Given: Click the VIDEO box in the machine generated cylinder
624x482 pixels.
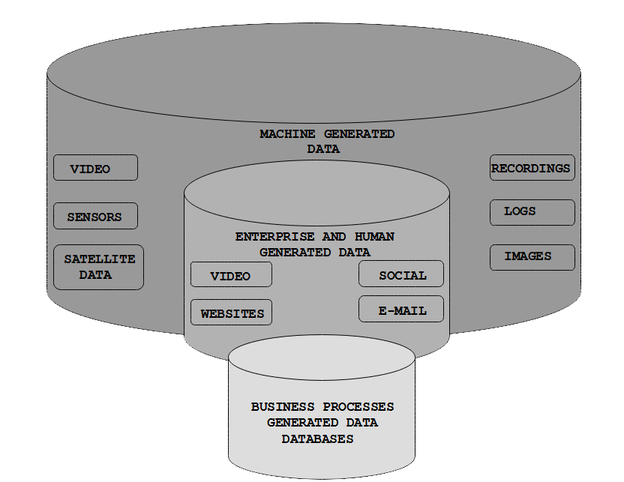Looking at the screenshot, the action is [95, 168].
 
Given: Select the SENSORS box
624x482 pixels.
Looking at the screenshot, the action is [95, 216].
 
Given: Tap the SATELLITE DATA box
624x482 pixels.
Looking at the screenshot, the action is [98, 267].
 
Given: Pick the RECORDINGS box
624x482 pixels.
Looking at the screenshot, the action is [532, 167].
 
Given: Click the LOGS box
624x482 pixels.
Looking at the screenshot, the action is [532, 212].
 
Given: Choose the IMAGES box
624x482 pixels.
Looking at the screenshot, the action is [532, 257].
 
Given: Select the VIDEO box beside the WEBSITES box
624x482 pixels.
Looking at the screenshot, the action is [231, 274].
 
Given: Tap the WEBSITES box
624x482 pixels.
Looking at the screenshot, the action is [231, 312].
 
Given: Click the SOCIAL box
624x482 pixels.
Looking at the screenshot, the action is [401, 274].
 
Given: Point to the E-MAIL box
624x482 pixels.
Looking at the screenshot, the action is [401, 309].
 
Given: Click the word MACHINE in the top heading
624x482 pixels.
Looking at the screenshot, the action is [287, 134].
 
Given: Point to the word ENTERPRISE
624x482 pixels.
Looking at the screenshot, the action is [274, 237].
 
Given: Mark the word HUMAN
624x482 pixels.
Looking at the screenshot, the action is [374, 237].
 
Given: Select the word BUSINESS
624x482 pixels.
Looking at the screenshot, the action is [283, 407].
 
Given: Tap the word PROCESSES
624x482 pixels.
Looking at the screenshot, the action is [358, 407].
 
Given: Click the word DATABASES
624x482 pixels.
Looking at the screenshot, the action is [317, 439].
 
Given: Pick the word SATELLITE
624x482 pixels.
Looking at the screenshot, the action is [100, 259].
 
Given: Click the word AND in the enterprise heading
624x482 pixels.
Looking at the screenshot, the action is [334, 237].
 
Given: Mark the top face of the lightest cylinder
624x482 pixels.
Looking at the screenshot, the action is [322, 357].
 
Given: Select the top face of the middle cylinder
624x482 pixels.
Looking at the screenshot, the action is [316, 193].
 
